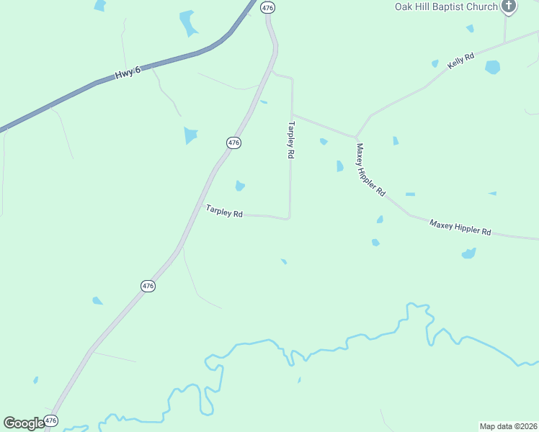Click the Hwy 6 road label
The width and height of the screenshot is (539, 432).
(x=128, y=73)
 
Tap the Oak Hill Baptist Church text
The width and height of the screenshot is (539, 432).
(x=446, y=6)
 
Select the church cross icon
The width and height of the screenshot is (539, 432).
(x=509, y=6)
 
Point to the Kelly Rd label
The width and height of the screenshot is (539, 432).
(x=460, y=60)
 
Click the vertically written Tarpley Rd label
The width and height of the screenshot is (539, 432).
(x=291, y=140)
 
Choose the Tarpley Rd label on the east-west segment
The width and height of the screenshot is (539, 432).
(x=224, y=212)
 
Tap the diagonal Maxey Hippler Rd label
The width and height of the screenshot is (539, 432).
(x=370, y=170)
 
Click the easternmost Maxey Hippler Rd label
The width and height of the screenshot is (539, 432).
(x=460, y=228)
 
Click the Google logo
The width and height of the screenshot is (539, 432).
(x=24, y=423)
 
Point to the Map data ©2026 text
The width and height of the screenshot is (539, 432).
(x=508, y=426)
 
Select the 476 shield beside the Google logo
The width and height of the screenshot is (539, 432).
(x=50, y=420)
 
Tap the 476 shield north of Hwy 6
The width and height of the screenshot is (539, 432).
(x=268, y=7)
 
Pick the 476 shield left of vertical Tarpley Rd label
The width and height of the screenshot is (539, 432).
(x=233, y=143)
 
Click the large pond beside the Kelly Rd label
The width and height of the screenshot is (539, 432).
(x=493, y=67)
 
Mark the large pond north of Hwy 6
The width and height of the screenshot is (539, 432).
(x=188, y=22)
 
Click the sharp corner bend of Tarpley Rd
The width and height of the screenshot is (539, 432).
(x=290, y=217)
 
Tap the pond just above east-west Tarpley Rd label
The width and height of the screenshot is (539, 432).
(x=240, y=186)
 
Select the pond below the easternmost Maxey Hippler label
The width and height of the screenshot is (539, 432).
(x=469, y=253)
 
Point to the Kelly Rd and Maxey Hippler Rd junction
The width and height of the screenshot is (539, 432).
(x=356, y=136)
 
